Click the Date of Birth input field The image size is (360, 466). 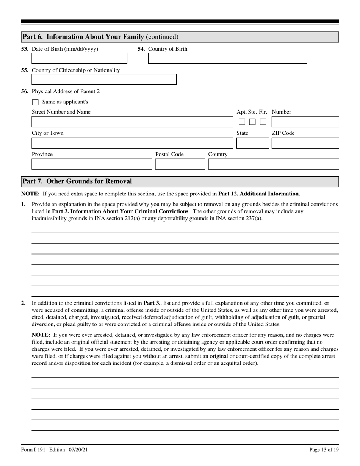coord(79,58)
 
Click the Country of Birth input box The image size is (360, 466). coord(227,58)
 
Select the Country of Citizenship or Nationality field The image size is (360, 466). coord(104,80)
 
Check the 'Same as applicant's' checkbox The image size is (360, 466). coord(36,102)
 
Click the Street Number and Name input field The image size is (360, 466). coord(132,122)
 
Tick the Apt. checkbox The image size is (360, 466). coord(242,122)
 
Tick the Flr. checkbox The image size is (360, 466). coord(263,122)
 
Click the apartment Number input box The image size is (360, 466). coord(305,122)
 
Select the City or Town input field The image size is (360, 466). coord(132,143)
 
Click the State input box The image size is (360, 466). coord(252,143)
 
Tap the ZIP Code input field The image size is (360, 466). coord(305,143)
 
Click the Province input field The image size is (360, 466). coord(91,164)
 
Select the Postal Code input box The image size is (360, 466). coord(180,164)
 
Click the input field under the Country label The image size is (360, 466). coord(274,164)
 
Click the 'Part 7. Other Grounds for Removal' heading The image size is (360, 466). coord(77,181)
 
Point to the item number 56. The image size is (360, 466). coord(25,91)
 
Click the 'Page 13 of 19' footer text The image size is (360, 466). coord(324,450)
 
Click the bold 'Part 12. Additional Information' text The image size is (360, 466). coord(258,194)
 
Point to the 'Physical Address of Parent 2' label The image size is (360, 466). coord(66,91)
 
